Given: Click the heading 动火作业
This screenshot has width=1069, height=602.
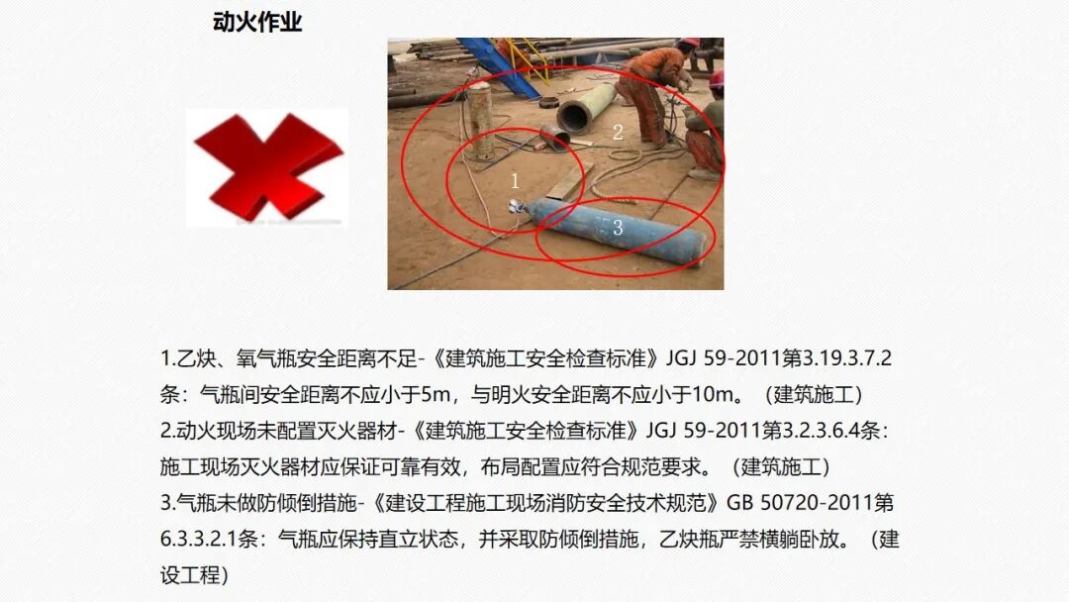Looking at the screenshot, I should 257,23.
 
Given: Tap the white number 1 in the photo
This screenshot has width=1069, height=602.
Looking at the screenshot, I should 515,180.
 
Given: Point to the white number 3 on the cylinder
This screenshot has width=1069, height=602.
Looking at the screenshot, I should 617,228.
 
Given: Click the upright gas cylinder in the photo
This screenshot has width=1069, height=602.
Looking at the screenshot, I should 481,121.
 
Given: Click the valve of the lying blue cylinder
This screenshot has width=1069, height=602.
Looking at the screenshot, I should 515,205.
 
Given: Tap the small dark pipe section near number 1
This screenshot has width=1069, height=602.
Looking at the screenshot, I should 553,137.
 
